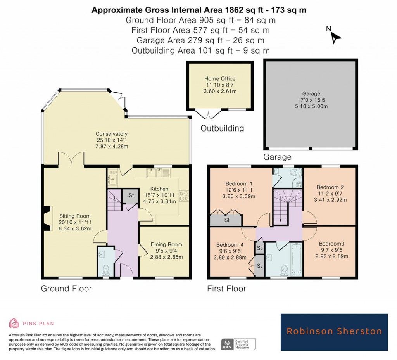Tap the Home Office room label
(220, 79)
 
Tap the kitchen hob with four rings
(183, 196)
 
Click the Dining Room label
(166, 245)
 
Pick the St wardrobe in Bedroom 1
(226, 220)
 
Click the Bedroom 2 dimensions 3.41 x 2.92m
(330, 200)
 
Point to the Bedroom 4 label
(230, 245)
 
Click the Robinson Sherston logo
(334, 332)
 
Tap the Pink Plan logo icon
(14, 323)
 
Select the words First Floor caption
(226, 289)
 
